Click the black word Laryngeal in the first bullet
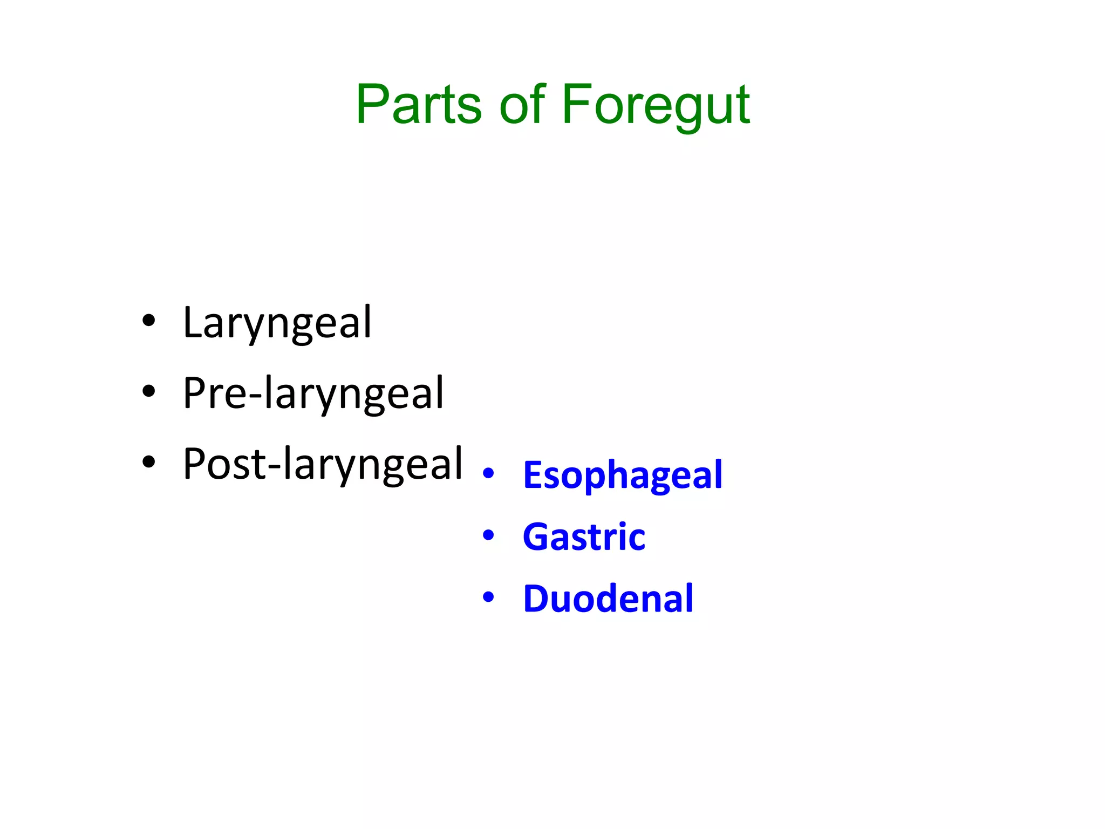click(277, 323)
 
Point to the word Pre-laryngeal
click(313, 393)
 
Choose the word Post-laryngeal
click(323, 464)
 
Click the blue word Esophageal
click(622, 476)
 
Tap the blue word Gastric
click(584, 537)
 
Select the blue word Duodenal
click(608, 599)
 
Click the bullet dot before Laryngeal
click(148, 321)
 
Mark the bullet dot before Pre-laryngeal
click(148, 391)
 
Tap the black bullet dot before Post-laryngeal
click(148, 462)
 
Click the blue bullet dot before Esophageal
click(488, 473)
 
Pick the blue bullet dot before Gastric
click(488, 535)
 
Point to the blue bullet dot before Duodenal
click(488, 597)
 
